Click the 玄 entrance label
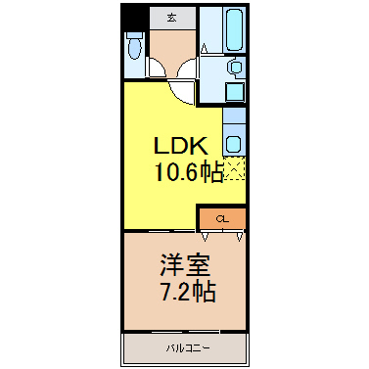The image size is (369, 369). (171, 18)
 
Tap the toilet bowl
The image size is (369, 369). (134, 49)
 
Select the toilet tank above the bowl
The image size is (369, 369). (134, 35)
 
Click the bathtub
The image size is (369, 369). (235, 29)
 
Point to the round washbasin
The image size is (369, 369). (235, 67)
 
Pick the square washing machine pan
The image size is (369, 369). (235, 92)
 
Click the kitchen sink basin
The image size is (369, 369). (233, 144)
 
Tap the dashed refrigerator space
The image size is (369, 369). (234, 168)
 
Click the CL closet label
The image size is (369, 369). (222, 219)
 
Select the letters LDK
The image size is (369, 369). (181, 146)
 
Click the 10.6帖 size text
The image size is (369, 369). (189, 171)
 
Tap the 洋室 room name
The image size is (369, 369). (185, 265)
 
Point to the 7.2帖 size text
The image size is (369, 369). (188, 292)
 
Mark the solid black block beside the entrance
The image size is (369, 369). (134, 18)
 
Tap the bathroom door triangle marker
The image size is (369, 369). (205, 48)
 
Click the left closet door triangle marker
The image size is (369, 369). (205, 237)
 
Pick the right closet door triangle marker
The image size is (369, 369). (240, 237)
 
